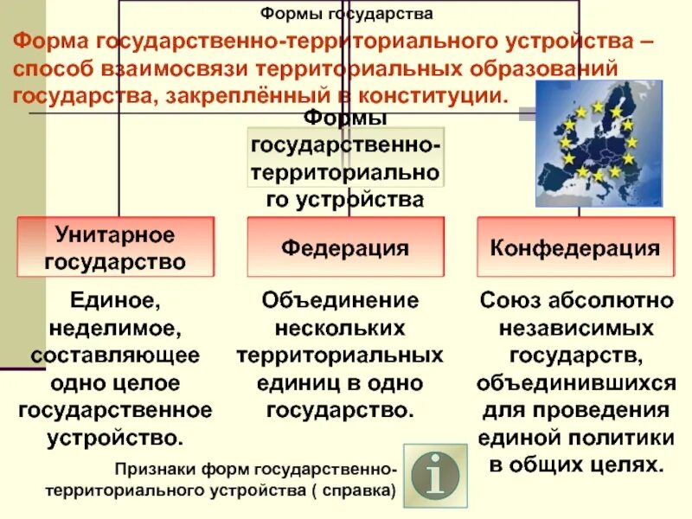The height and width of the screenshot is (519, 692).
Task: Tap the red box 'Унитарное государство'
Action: tap(115, 247)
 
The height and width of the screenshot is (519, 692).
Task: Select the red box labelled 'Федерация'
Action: tap(345, 248)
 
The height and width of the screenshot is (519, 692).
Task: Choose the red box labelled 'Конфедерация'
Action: tap(575, 248)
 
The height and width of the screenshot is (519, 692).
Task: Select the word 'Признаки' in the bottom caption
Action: tap(156, 470)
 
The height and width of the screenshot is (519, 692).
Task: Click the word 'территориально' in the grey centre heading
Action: tap(345, 174)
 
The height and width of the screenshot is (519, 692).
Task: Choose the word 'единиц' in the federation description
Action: tap(293, 382)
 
